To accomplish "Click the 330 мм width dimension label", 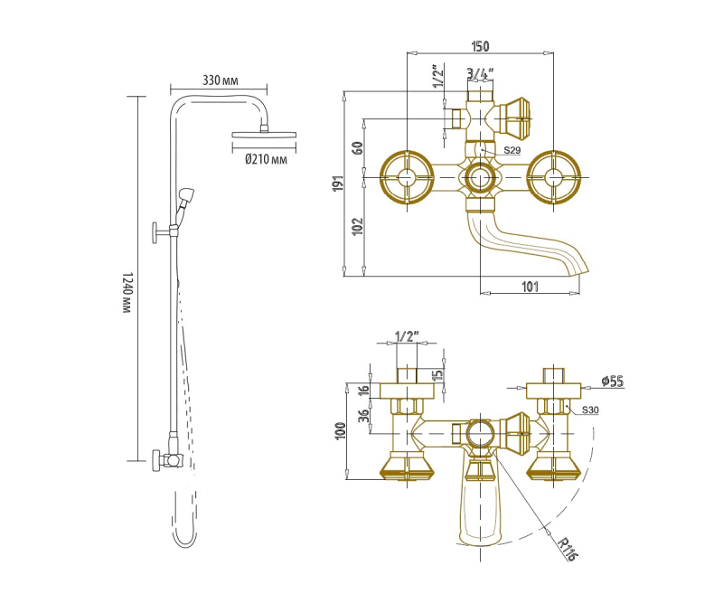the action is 220,80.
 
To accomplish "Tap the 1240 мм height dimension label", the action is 127,293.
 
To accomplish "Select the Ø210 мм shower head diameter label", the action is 266,160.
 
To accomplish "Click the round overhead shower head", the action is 264,135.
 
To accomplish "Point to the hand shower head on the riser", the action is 186,195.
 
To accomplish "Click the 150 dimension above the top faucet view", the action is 480,46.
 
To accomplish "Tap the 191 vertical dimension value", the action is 340,184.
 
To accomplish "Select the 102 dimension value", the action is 358,227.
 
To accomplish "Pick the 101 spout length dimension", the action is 530,287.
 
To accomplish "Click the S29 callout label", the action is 512,150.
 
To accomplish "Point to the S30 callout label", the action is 590,410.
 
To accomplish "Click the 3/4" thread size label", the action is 480,73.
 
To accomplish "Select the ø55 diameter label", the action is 613,382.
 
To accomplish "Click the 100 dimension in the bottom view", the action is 341,431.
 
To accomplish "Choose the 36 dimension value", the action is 364,415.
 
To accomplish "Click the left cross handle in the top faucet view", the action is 408,177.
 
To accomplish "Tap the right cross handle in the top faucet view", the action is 553,177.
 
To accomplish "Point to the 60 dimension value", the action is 358,147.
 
